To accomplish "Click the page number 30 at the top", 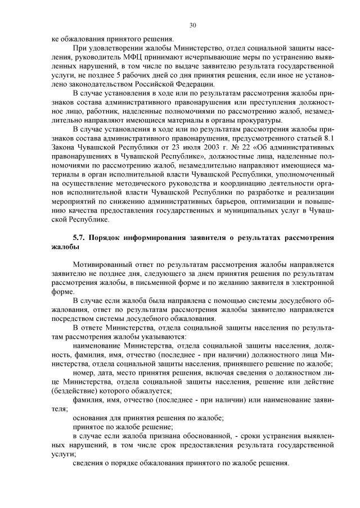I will click(192, 25).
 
